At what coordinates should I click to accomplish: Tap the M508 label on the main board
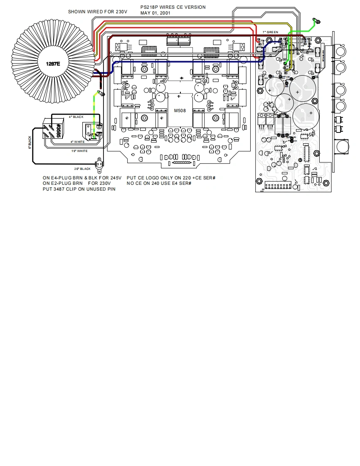(180, 110)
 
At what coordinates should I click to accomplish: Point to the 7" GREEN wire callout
(270, 32)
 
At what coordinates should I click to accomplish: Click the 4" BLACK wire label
(76, 117)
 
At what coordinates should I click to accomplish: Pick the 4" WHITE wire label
(77, 142)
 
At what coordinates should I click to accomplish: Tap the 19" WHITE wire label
(79, 151)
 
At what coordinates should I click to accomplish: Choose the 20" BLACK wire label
(82, 169)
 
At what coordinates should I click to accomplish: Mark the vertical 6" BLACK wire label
(30, 142)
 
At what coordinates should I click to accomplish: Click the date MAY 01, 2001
(155, 13)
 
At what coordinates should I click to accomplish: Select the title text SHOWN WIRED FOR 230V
(98, 12)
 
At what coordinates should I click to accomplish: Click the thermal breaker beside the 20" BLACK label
(99, 164)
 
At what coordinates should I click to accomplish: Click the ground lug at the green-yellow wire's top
(100, 93)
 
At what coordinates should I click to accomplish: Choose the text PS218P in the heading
(150, 7)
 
